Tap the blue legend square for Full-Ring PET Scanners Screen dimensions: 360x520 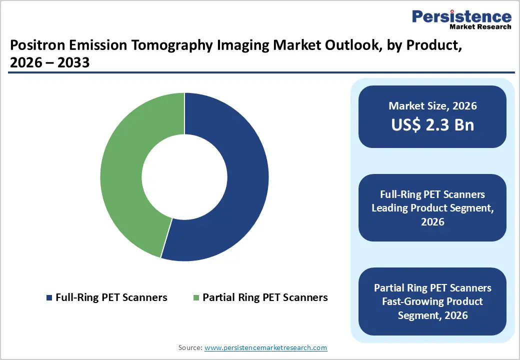[49, 298]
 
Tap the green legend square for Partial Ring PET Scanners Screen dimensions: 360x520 [196, 298]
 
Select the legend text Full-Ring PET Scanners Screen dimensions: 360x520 [111, 297]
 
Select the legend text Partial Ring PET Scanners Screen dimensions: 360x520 [265, 297]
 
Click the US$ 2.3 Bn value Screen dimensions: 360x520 [432, 124]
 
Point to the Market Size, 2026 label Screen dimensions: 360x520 [432, 106]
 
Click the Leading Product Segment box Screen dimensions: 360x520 [432, 207]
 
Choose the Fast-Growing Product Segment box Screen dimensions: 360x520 [432, 301]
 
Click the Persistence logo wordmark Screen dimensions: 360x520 [461, 16]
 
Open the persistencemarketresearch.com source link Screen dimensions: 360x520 [265, 347]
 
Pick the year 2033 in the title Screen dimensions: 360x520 [75, 63]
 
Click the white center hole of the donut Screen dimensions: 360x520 [184, 176]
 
